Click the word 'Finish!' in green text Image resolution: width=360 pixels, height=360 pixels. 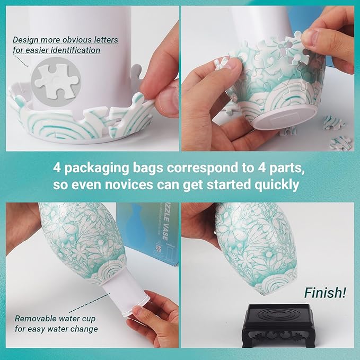pyautogui.click(x=325, y=292)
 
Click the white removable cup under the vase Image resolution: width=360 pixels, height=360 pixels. pyautogui.click(x=125, y=294)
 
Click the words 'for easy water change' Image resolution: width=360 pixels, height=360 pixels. pyautogui.click(x=56, y=329)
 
